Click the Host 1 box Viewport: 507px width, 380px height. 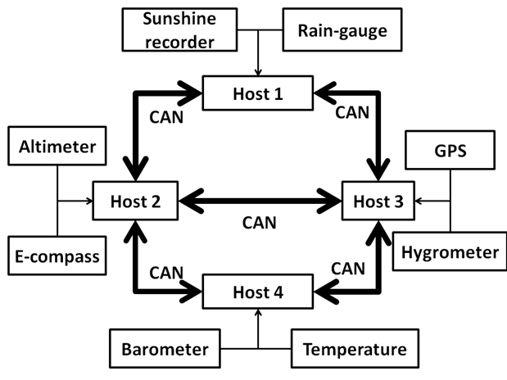coord(258,94)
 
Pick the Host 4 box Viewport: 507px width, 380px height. coord(258,289)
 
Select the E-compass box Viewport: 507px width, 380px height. coord(57,256)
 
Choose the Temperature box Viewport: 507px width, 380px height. coord(354,350)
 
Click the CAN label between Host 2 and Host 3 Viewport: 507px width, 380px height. coord(259,222)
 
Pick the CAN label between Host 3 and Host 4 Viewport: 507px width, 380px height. coord(347,267)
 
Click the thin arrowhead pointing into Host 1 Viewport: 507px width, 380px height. coord(258,75)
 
